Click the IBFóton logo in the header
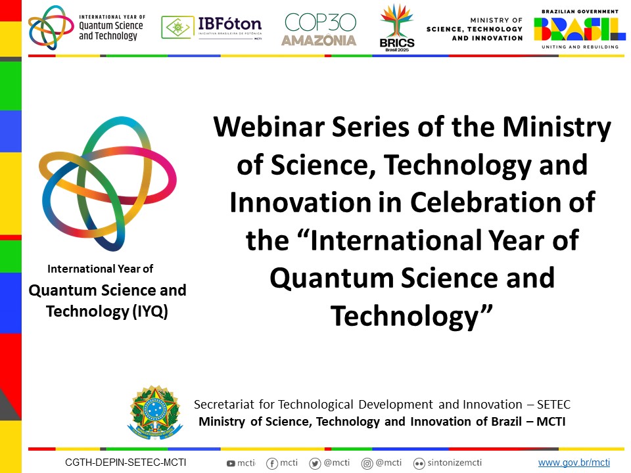(x=212, y=28)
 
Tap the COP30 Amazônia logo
(x=319, y=29)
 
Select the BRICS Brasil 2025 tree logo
(x=397, y=28)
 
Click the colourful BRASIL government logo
(x=580, y=29)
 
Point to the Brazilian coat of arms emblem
(x=155, y=412)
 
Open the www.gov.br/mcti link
(x=574, y=462)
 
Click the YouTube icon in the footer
(x=231, y=463)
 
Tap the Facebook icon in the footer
(x=272, y=464)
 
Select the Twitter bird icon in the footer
(x=315, y=464)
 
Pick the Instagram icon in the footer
(x=367, y=464)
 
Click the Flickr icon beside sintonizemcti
(x=419, y=464)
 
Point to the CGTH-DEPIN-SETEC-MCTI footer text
(x=126, y=462)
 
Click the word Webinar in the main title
(x=269, y=127)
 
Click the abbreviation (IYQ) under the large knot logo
(x=151, y=311)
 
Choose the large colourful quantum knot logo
(x=107, y=184)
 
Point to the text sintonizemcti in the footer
(x=454, y=462)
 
